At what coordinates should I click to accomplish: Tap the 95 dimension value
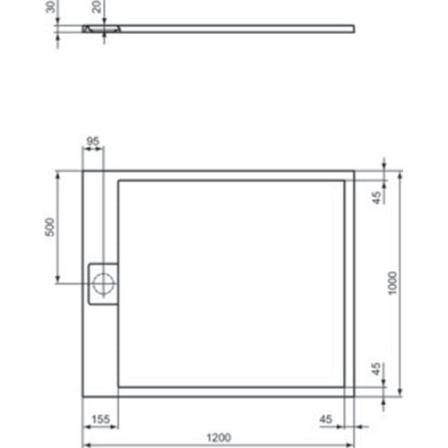[x=92, y=142]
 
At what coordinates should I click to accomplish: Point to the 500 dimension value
[x=52, y=228]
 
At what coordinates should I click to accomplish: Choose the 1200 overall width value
[x=218, y=437]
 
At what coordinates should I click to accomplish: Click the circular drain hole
[x=104, y=285]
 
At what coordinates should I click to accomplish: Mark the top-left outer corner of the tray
[x=83, y=169]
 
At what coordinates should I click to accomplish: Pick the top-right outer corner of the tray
[x=354, y=169]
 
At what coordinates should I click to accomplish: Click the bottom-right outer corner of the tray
[x=354, y=397]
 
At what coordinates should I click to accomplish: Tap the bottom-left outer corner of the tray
[x=83, y=397]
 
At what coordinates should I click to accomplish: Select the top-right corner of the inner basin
[x=344, y=180]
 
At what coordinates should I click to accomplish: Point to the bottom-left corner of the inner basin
[x=118, y=386]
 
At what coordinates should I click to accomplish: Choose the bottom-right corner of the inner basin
[x=344, y=386]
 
